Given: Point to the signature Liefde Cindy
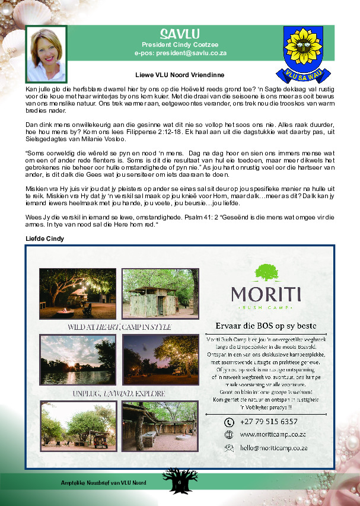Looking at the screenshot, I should (x=44, y=238).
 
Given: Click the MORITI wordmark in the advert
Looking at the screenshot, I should (x=266, y=294).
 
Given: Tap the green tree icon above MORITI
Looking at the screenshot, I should (x=266, y=273).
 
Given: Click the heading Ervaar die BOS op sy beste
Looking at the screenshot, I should (x=265, y=326).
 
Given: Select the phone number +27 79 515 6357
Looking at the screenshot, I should (x=269, y=422).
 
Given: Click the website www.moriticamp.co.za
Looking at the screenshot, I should (x=273, y=434).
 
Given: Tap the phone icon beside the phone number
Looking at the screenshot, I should (x=229, y=422).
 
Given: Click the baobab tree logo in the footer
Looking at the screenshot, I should (x=179, y=480).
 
